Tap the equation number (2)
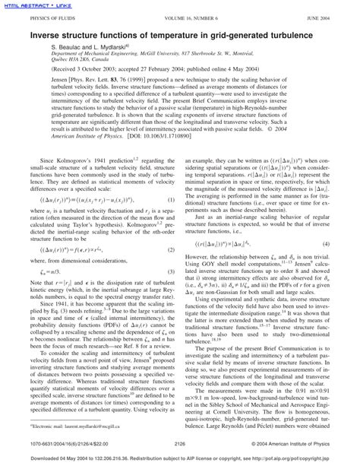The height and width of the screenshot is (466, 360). tap(174, 271)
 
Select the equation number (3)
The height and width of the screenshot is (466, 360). tap(174, 293)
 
